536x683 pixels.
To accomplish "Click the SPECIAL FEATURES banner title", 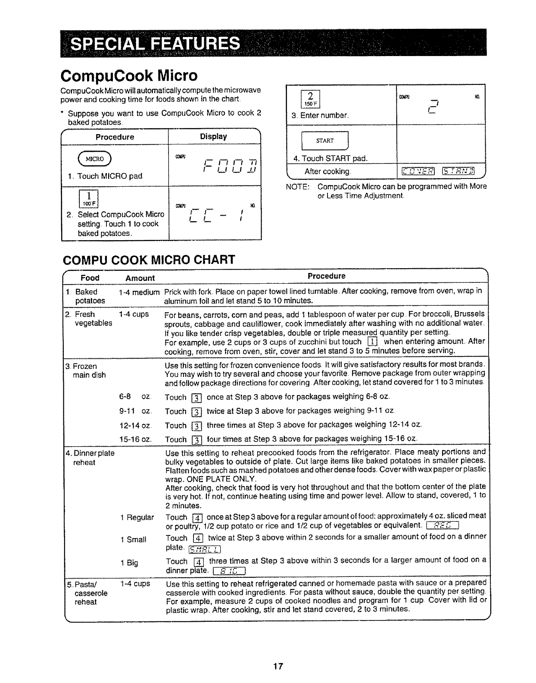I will (x=155, y=43).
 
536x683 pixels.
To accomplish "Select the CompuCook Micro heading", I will (x=130, y=76).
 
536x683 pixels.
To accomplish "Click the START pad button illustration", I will (x=325, y=141).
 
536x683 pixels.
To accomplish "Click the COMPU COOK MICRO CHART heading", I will (x=149, y=260).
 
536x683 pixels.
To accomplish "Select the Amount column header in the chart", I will (x=140, y=278).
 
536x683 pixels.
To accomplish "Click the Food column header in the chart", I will (x=90, y=278).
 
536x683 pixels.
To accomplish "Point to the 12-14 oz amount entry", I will (x=135, y=426).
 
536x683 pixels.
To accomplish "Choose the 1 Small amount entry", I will (x=134, y=539).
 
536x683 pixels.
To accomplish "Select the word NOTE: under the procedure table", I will (x=298, y=187).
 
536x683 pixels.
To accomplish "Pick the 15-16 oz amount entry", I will (x=135, y=439).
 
